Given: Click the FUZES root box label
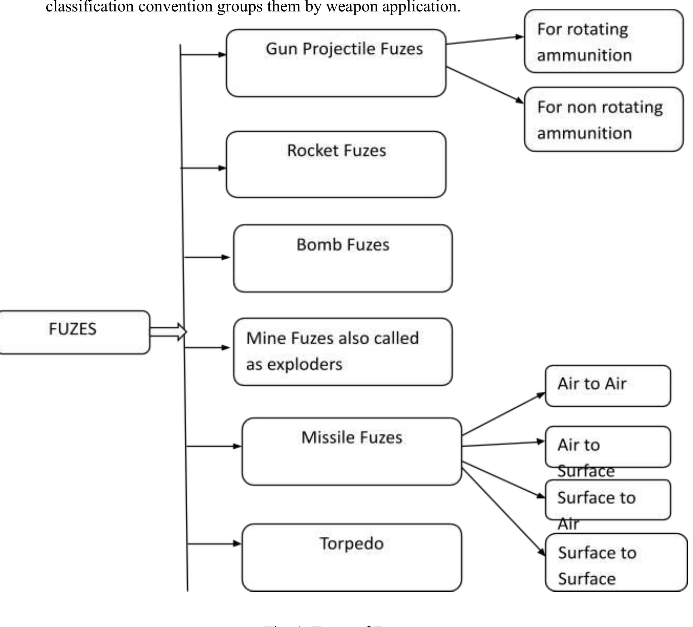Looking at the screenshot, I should click(x=73, y=329).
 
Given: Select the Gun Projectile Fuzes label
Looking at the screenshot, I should click(x=344, y=49).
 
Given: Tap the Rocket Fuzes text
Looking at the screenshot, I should click(x=337, y=150).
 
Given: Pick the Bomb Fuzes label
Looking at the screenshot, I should click(x=343, y=245).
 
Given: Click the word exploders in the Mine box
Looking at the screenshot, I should click(x=305, y=364).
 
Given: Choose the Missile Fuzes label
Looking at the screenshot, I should click(x=352, y=438).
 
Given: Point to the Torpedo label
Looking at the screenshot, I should click(x=352, y=543).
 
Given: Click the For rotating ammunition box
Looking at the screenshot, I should click(x=603, y=42).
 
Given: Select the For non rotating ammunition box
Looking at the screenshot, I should click(x=603, y=120).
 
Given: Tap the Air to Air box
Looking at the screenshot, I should click(x=607, y=386).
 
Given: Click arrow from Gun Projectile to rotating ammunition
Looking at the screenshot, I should click(x=485, y=40).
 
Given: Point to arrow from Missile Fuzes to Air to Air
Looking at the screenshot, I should click(x=504, y=414).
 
